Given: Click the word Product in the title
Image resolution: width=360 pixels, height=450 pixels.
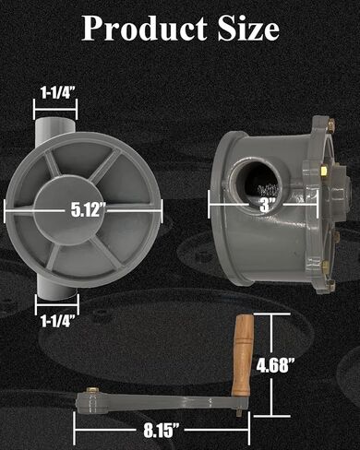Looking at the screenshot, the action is [144, 29].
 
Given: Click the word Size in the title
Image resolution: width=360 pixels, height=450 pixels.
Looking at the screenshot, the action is [248, 29].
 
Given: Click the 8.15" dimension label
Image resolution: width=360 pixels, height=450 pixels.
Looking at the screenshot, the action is [161, 430].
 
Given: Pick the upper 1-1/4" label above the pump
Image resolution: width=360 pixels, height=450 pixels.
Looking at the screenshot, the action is [58, 92].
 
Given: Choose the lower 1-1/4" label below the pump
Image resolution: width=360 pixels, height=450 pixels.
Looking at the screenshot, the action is [58, 322].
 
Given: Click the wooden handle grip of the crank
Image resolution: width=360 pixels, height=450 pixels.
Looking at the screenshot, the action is [243, 355].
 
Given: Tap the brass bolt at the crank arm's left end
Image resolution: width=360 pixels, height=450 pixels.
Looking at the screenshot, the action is [90, 390].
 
